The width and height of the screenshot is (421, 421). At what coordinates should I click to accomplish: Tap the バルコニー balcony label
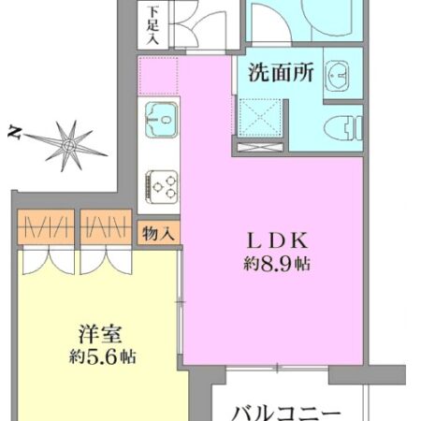(x=285, y=410)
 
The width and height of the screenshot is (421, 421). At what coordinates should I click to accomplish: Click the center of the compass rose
(x=66, y=143)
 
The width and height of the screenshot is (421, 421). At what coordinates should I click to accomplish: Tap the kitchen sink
(x=162, y=120)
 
